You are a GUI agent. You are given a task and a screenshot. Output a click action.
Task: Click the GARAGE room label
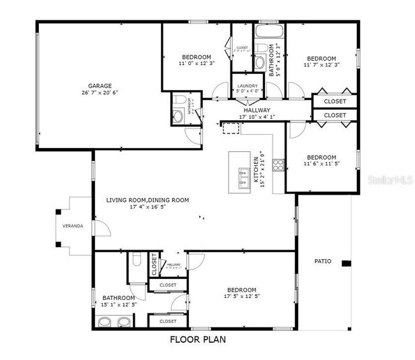100,86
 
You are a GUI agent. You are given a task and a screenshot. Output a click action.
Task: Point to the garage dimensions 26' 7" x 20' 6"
100,93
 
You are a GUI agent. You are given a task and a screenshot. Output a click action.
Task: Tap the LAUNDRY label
247,86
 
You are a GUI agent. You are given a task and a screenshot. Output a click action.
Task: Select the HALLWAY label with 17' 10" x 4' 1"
257,110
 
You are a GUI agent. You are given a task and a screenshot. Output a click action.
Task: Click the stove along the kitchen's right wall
278,165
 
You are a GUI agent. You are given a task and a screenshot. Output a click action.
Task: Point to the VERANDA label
72,226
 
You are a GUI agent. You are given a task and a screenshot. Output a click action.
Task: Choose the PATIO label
323,260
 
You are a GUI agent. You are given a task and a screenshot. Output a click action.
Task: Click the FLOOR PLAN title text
197,340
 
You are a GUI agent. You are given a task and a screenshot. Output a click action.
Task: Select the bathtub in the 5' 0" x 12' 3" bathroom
268,30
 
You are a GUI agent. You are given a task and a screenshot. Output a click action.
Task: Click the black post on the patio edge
346,264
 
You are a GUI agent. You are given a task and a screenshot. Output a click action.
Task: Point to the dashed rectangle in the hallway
230,128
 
